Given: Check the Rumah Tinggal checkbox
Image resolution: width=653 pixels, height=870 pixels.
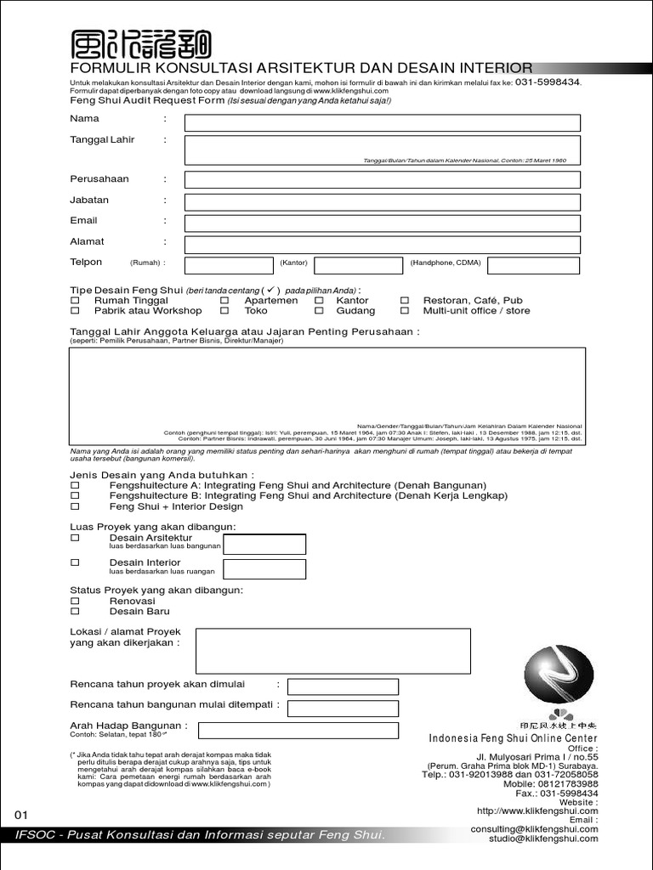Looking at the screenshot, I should coord(75,301).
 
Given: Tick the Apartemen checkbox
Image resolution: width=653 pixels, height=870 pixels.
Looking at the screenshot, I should coord(224,301).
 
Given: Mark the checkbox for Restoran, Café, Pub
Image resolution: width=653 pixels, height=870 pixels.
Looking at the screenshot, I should coord(405,301).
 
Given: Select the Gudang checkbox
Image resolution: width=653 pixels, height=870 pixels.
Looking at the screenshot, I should coord(319,311).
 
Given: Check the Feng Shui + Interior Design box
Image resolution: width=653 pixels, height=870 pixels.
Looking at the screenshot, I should coord(75,507).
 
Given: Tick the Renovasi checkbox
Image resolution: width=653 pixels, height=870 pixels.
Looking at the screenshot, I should coord(75,601).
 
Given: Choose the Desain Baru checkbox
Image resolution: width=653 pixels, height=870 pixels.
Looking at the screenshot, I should coord(75,612).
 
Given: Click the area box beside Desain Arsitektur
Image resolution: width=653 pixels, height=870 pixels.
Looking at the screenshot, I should coord(264,545).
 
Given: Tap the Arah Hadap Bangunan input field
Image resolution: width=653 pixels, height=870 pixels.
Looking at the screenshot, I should coord(297,730).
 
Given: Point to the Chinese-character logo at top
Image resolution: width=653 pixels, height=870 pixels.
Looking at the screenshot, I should coord(140,45).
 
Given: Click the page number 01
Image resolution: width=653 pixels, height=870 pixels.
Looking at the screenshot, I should coord(22,815).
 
